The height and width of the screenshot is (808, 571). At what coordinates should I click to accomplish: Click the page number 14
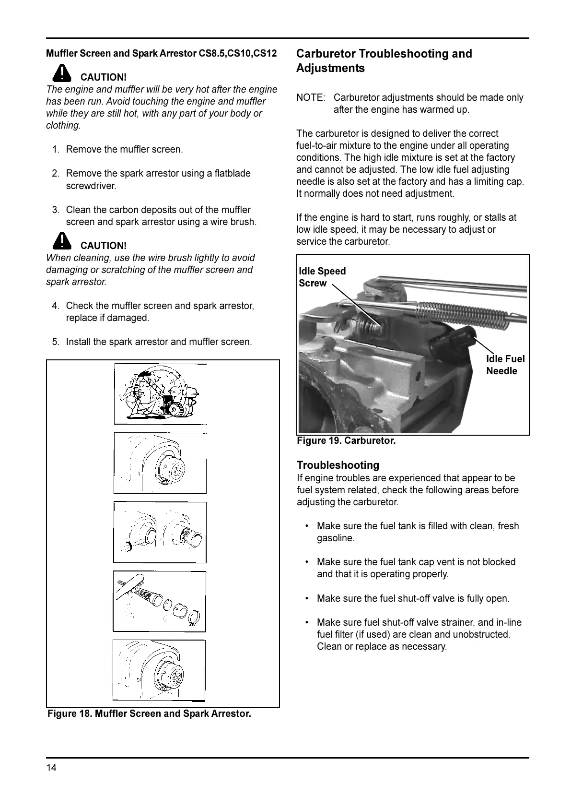click(x=51, y=768)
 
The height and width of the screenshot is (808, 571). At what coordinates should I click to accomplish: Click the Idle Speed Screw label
click(x=322, y=277)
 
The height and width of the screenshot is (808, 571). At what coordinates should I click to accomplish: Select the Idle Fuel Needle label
click(x=505, y=365)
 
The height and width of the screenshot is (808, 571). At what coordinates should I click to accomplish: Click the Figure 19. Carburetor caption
click(x=346, y=440)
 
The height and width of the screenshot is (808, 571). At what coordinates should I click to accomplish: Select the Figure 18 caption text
click(x=149, y=713)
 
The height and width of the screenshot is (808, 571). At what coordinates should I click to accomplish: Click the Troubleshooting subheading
click(x=338, y=465)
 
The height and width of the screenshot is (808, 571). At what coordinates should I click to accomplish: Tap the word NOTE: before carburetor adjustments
click(x=311, y=97)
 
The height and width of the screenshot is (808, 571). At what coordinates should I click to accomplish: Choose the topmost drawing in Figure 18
click(x=160, y=394)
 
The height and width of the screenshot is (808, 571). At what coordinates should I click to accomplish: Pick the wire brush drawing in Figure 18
click(x=160, y=601)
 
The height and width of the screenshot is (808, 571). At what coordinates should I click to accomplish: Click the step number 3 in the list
click(x=56, y=210)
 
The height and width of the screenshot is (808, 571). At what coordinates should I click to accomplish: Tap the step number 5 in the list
click(x=56, y=342)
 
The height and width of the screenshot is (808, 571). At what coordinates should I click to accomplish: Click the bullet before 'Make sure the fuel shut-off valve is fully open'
click(x=307, y=598)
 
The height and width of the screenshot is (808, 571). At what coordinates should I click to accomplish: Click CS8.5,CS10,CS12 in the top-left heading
click(x=237, y=53)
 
